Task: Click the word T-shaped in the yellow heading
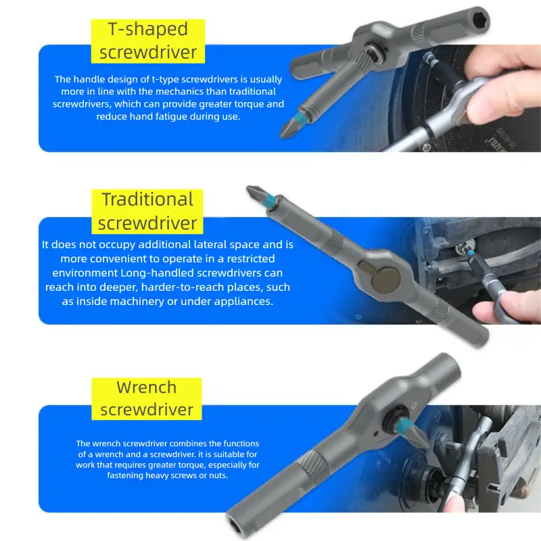pos(148,29)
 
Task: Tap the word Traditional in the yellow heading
pos(147,199)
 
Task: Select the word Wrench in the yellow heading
pos(147,387)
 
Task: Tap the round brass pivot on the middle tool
pos(387,279)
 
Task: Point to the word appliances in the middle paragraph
pos(243,302)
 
